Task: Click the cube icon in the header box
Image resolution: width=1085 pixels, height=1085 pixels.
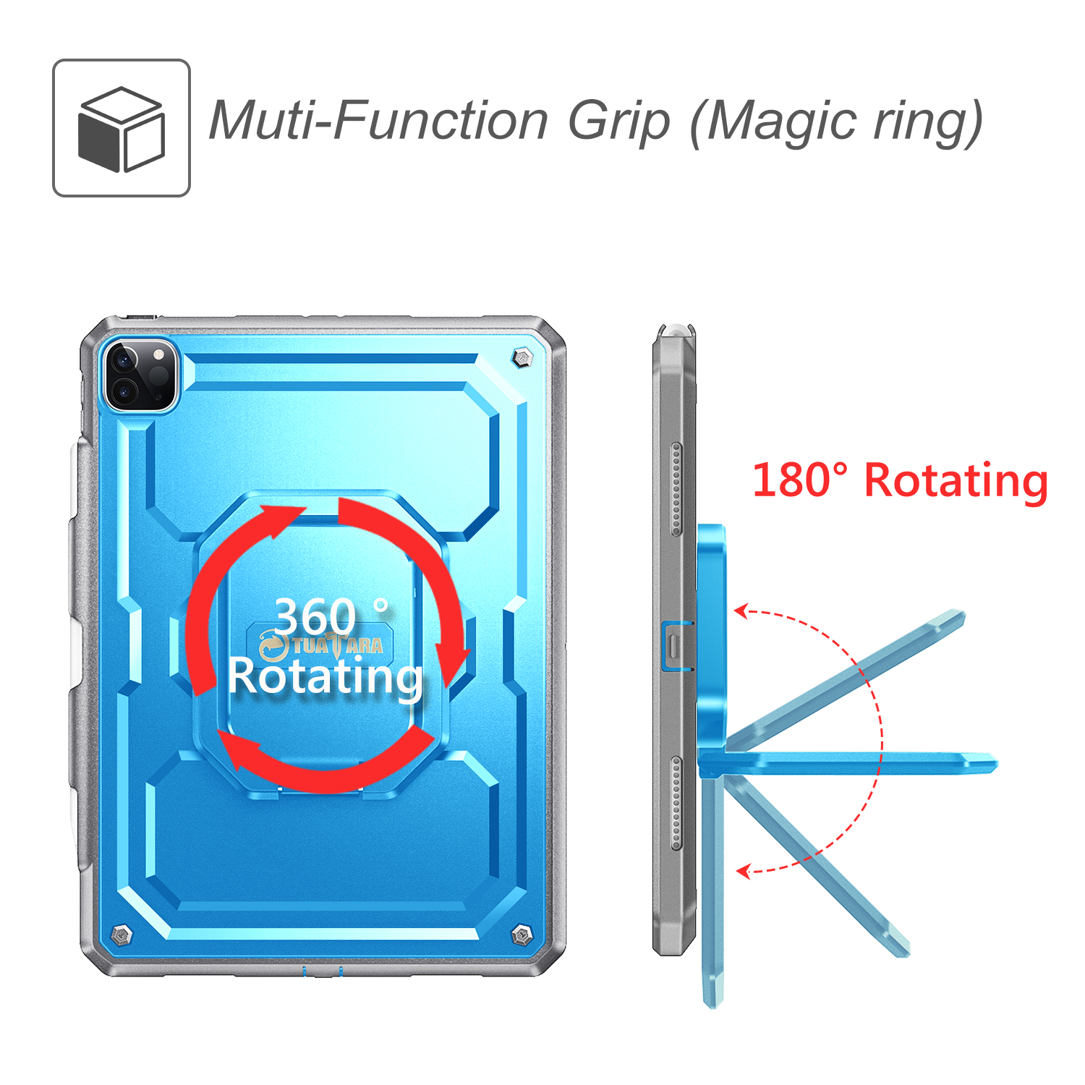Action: pos(122,129)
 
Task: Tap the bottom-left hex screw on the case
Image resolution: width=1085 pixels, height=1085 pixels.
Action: pos(122,934)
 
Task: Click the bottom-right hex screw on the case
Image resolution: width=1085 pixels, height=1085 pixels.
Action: pos(522,935)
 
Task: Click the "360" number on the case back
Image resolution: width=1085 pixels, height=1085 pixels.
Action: pos(315,617)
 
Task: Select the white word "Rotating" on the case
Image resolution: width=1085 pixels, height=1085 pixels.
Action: pos(325,678)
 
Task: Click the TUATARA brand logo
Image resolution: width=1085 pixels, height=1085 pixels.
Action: pos(322,644)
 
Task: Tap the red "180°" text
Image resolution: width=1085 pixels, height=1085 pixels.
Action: pos(800,480)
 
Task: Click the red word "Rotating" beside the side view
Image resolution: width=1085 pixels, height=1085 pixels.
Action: pos(956,482)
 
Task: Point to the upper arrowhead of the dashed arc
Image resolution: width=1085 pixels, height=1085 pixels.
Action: pos(741,612)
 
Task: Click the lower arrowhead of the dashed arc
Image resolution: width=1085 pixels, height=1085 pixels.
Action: pos(743,871)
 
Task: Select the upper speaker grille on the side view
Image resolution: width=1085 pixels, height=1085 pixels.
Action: pos(676,489)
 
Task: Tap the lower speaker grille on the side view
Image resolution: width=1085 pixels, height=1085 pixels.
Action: pos(676,803)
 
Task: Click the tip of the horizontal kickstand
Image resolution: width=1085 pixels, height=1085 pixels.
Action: pos(996,763)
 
